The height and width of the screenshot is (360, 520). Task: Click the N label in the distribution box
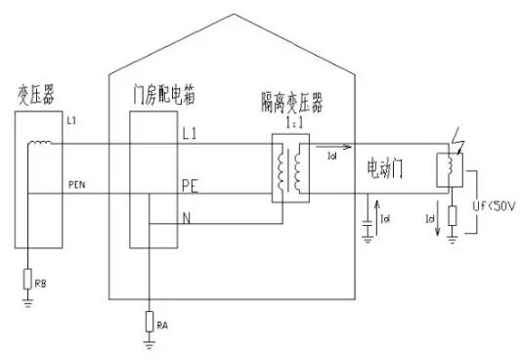[x=186, y=218]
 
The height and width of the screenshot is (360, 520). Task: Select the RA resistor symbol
[x=148, y=320]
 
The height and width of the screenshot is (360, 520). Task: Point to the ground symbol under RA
[x=148, y=343]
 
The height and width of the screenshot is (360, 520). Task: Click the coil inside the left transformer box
[x=42, y=146]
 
